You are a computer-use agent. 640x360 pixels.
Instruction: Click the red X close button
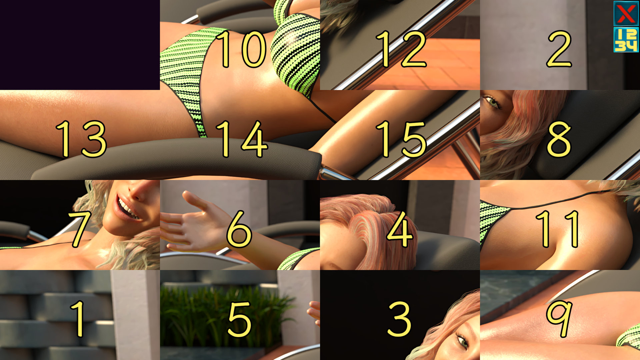click(626, 13)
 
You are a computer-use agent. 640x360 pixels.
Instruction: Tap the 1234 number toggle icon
click(626, 40)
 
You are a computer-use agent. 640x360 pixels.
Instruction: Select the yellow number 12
click(401, 49)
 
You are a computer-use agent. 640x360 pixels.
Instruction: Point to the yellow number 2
click(559, 49)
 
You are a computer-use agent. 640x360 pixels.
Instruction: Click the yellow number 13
click(81, 139)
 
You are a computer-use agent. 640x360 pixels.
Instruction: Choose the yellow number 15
click(401, 139)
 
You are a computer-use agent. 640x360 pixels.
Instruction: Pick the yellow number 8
click(559, 139)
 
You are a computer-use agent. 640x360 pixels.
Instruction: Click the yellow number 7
click(80, 229)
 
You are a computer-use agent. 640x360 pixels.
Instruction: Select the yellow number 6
click(239, 229)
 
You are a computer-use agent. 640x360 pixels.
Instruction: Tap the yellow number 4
click(400, 229)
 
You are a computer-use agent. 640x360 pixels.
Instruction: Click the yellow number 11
click(557, 229)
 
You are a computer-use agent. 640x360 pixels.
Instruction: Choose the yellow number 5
click(239, 319)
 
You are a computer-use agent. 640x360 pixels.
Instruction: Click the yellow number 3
click(399, 319)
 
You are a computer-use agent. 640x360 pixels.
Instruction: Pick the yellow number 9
click(559, 319)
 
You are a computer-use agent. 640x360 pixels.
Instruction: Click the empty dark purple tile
click(80, 45)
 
